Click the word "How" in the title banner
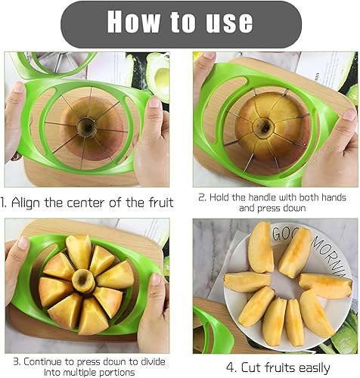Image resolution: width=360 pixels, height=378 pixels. click(134, 22)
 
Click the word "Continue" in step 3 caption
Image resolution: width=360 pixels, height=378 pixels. click(42, 361)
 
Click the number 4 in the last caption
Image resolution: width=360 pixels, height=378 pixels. click(231, 367)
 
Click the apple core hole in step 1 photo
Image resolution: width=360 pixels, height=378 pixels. click(87, 125)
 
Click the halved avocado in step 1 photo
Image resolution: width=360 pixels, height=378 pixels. click(158, 75)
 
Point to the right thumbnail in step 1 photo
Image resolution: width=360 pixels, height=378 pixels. click(154, 103)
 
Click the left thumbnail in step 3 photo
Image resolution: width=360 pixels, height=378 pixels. click(23, 243)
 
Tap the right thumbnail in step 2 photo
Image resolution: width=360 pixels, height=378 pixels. click(349, 114)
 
